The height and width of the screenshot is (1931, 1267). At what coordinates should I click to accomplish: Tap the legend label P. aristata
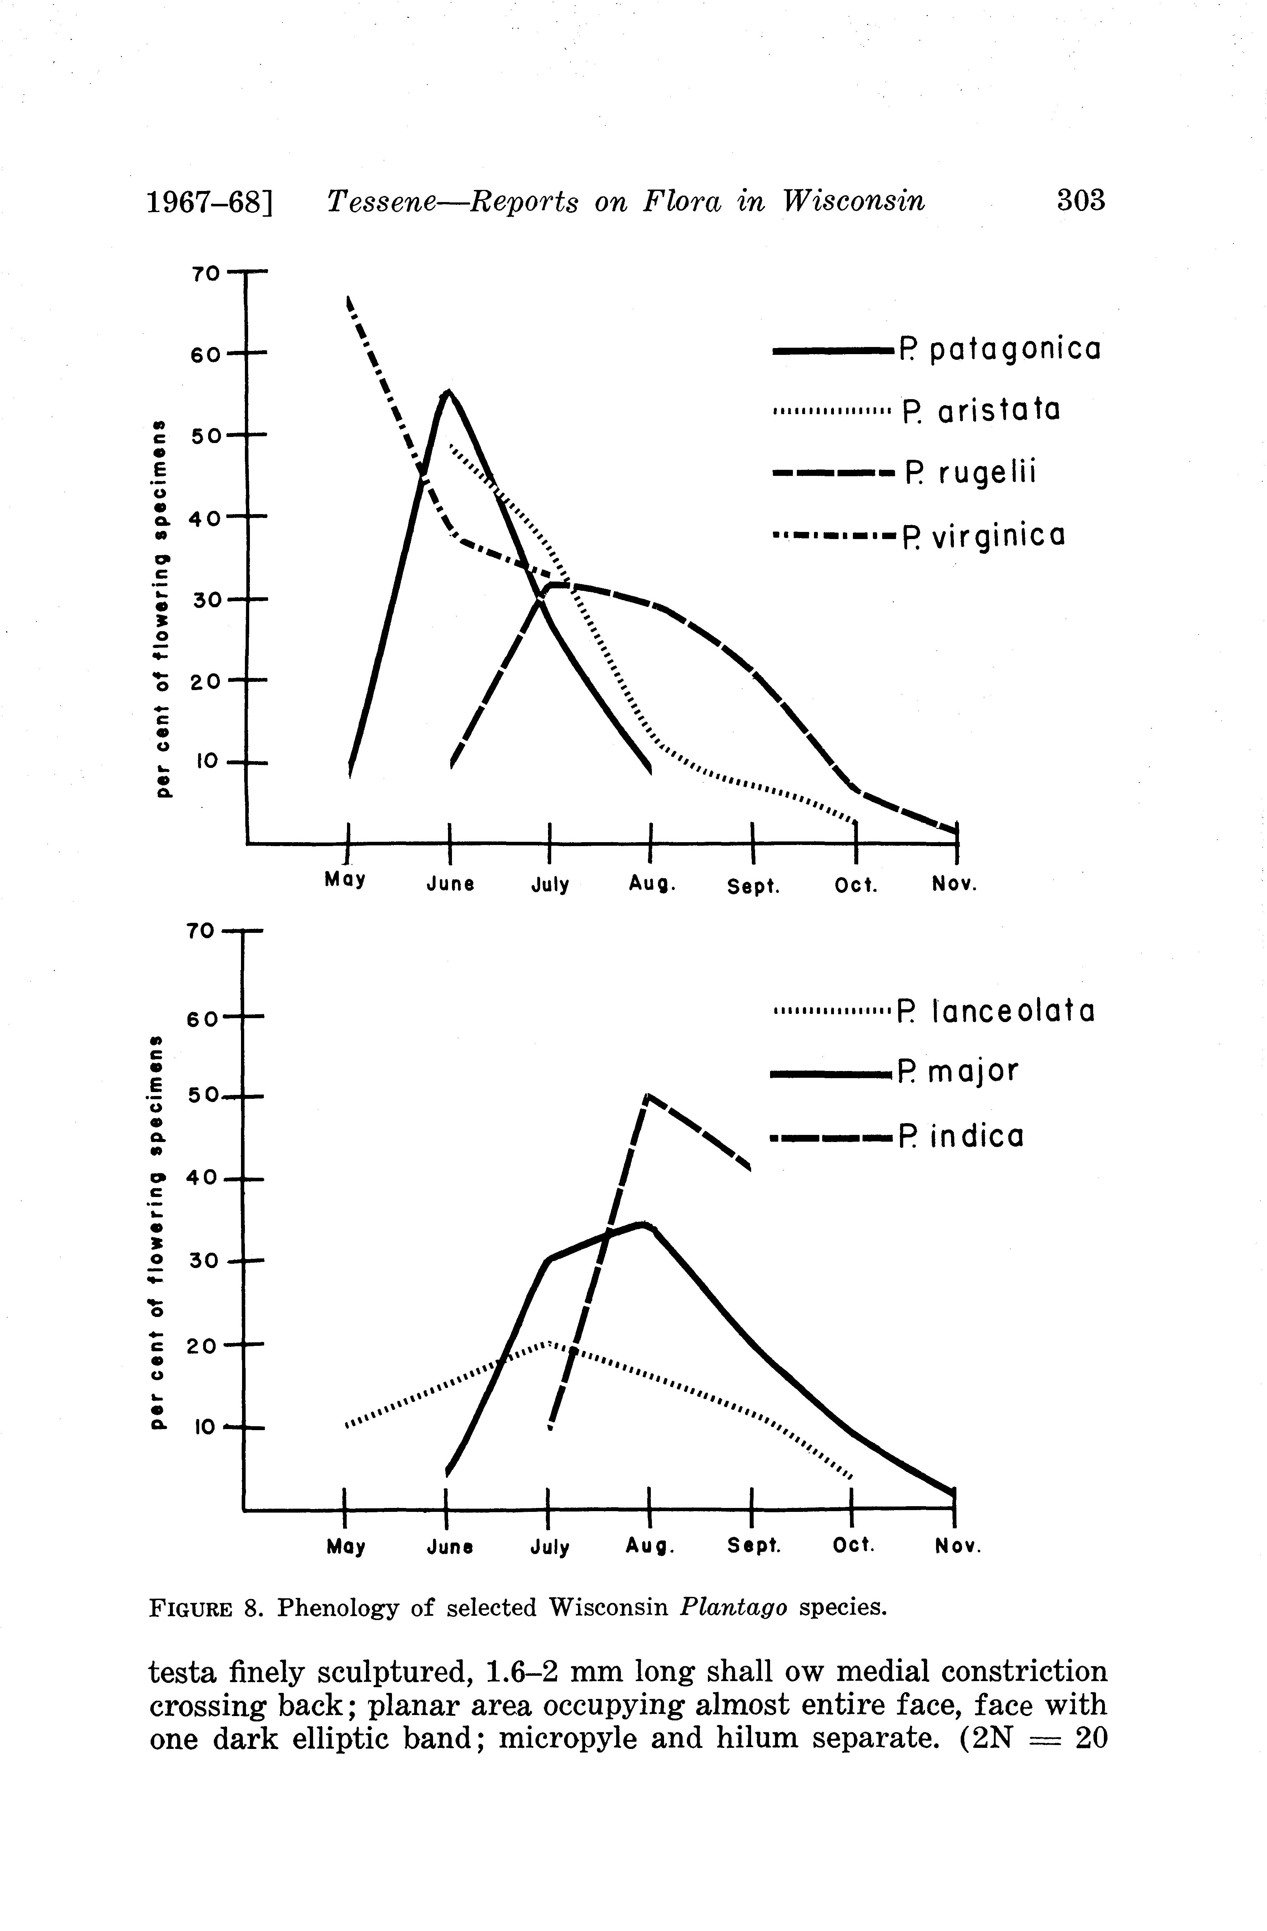981,411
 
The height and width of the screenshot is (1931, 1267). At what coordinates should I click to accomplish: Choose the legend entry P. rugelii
971,472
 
